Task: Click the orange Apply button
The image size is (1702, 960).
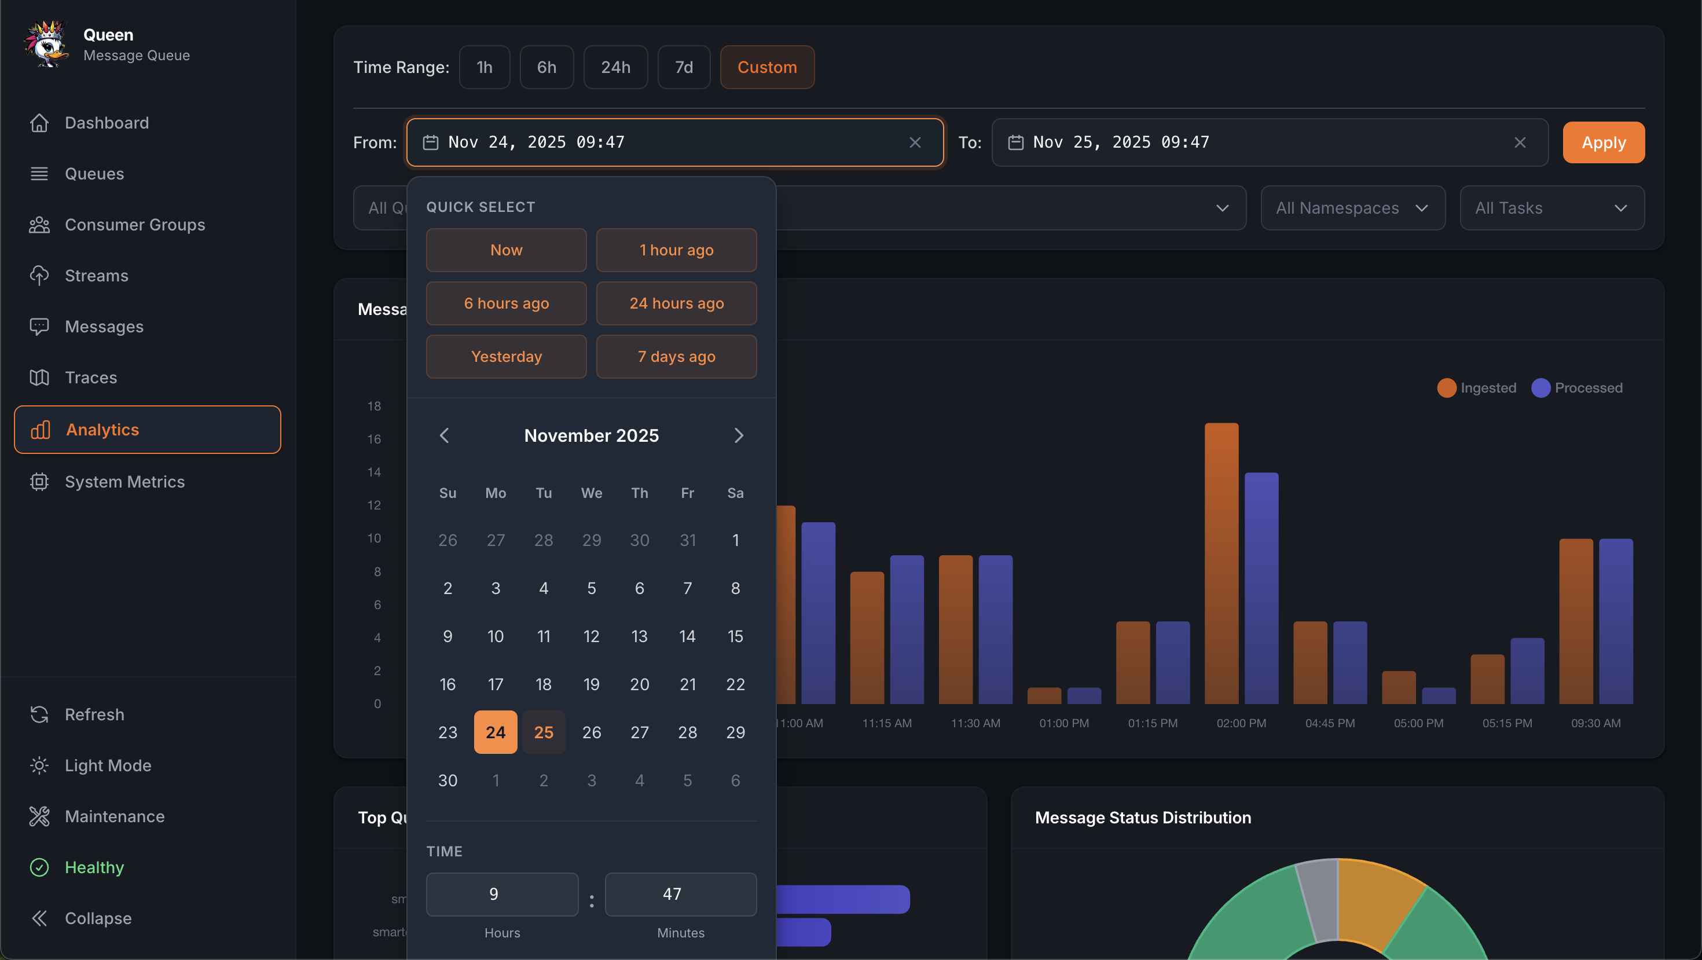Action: click(1603, 142)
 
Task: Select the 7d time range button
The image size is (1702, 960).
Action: click(683, 67)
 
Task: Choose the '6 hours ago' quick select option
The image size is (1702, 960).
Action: click(506, 303)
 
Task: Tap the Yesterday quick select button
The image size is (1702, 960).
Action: click(506, 357)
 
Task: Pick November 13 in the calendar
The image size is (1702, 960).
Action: click(639, 636)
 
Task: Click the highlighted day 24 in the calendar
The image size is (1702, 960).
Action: click(496, 732)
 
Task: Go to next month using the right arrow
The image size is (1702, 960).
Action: click(739, 435)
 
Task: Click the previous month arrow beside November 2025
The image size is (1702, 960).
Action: click(445, 435)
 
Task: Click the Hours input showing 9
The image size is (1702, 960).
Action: click(502, 894)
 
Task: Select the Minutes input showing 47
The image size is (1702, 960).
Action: click(681, 894)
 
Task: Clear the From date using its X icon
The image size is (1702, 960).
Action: click(915, 142)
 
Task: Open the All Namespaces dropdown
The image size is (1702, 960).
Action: click(1352, 208)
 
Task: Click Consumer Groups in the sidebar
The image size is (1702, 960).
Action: click(135, 225)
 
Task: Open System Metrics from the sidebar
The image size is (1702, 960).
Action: click(124, 482)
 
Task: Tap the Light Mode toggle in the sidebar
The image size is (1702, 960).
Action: click(108, 765)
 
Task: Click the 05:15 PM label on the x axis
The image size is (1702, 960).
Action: click(1507, 723)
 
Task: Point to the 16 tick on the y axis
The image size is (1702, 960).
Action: click(374, 439)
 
